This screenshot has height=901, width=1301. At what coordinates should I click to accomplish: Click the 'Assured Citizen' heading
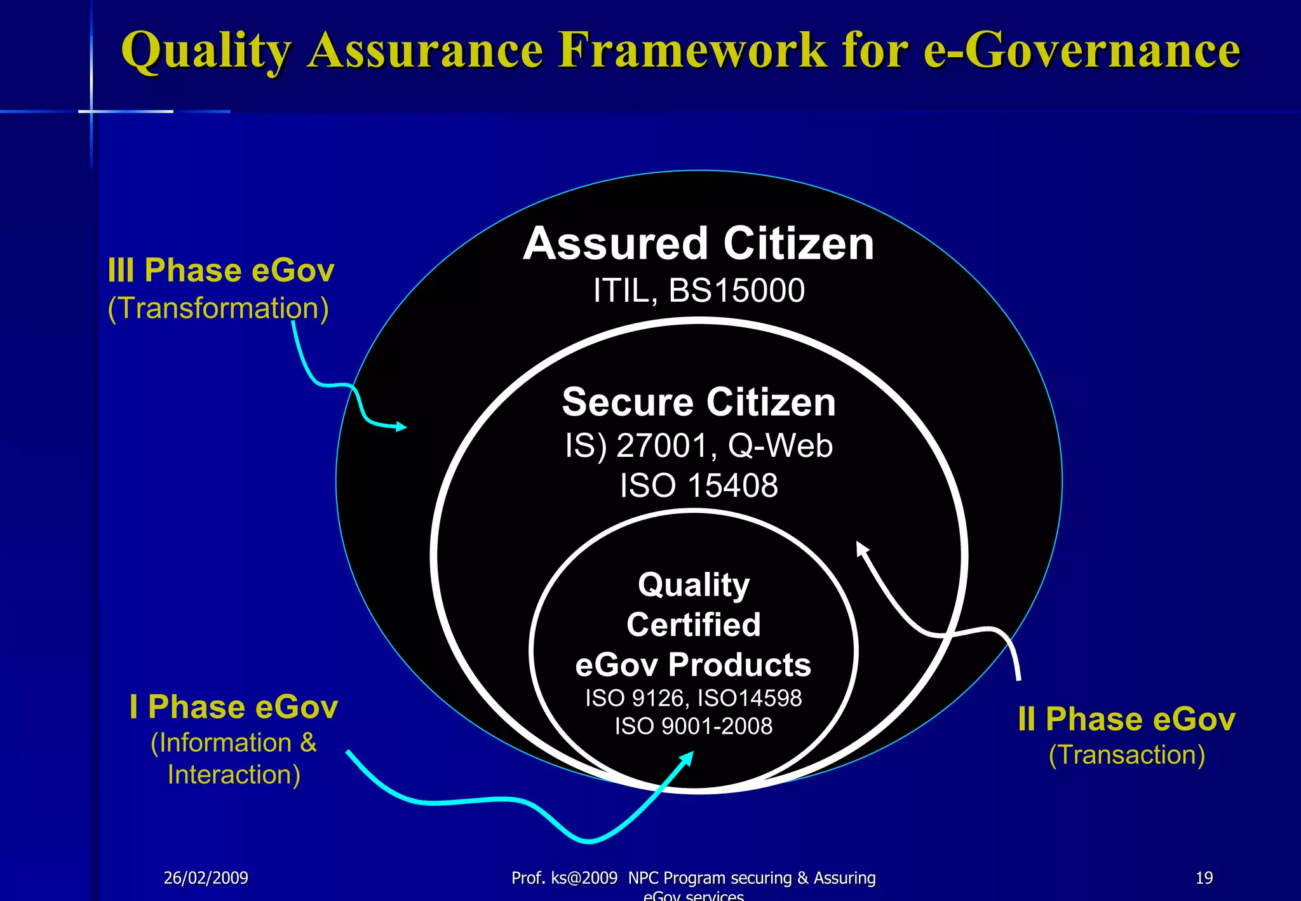698,244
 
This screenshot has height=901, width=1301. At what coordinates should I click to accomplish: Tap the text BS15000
736,291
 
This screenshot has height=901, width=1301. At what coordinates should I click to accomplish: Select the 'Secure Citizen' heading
698,402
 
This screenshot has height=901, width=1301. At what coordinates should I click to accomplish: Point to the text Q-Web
779,445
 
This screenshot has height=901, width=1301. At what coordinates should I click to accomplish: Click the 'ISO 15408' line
698,486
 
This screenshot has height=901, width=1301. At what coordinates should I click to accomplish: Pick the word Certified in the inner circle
693,625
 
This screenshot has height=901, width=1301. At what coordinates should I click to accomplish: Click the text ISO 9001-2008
693,726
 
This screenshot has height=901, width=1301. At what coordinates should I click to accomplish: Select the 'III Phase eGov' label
220,271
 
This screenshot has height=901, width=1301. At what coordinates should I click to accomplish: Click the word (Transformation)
218,309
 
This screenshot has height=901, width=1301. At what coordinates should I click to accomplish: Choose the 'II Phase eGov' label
1126,719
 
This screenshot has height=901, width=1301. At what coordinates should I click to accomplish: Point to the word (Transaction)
1126,755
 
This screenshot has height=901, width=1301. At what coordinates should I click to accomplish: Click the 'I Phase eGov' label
233,707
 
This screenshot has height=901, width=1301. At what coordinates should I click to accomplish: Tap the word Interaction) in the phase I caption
233,775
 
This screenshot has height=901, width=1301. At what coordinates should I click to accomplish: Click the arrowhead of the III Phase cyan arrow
401,426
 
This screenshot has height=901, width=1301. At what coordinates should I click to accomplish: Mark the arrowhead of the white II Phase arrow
861,547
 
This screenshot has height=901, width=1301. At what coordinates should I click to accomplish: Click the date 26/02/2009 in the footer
206,878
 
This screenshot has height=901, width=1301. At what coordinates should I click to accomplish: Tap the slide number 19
1204,878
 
